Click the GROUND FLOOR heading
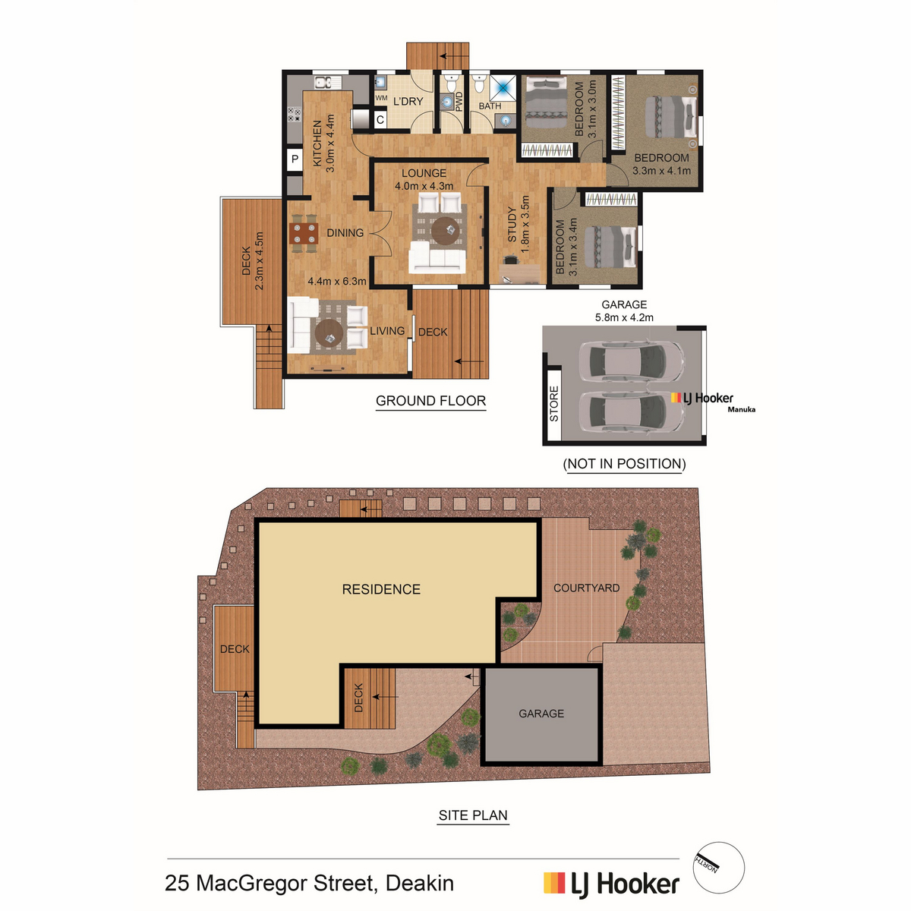point(430,401)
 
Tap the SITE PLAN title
point(473,815)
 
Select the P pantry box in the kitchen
point(295,159)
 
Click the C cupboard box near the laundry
point(380,120)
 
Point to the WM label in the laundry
point(381,99)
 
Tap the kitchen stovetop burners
point(294,115)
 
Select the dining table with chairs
point(304,233)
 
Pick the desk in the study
point(519,274)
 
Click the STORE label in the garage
point(554,403)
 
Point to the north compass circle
point(719,868)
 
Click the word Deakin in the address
point(420,883)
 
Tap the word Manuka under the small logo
point(741,409)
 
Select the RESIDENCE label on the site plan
point(381,589)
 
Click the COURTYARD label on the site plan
point(586,588)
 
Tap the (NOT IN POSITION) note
point(624,464)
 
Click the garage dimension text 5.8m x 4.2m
point(624,317)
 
